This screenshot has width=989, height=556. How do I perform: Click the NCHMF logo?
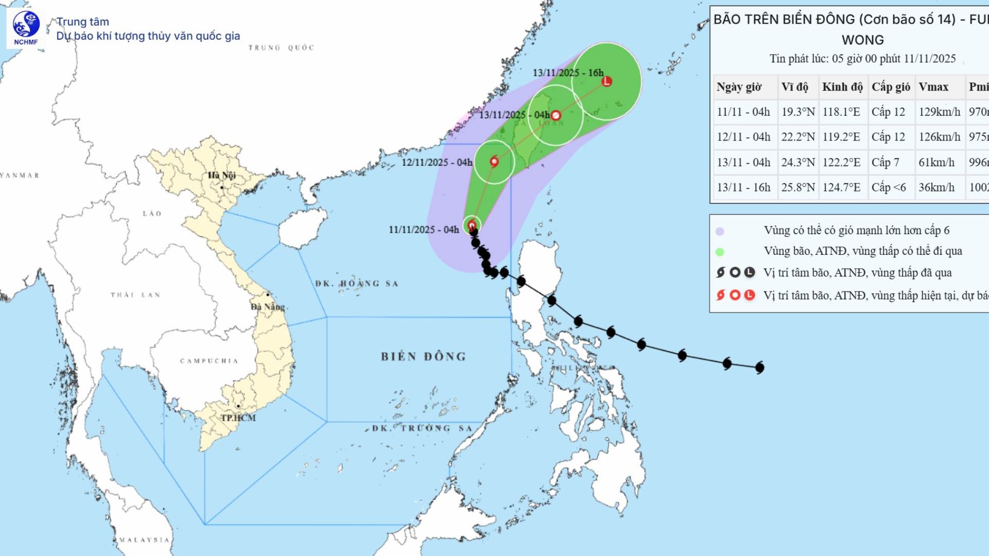pyautogui.click(x=26, y=28)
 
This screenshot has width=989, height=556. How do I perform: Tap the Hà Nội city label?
pyautogui.click(x=221, y=176)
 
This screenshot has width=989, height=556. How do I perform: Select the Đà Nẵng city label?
pyautogui.click(x=267, y=307)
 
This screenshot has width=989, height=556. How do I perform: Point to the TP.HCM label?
pyautogui.click(x=238, y=418)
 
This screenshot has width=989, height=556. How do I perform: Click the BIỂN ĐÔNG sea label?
pyautogui.click(x=423, y=357)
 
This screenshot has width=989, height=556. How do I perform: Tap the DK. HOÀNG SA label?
pyautogui.click(x=356, y=284)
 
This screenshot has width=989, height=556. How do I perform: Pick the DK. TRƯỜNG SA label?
pyautogui.click(x=422, y=428)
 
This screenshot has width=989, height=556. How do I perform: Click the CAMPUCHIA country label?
pyautogui.click(x=209, y=361)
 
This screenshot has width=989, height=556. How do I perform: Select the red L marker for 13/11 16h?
pyautogui.click(x=607, y=81)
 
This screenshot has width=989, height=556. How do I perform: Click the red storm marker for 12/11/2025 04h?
pyautogui.click(x=494, y=162)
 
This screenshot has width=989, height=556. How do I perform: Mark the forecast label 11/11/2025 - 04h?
pyautogui.click(x=423, y=230)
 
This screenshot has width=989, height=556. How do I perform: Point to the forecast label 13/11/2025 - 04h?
pyautogui.click(x=514, y=115)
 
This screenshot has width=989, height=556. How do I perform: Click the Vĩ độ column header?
pyautogui.click(x=795, y=87)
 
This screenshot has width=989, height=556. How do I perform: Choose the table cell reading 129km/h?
pyautogui.click(x=939, y=112)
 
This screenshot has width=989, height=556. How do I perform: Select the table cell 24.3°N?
pyautogui.click(x=798, y=162)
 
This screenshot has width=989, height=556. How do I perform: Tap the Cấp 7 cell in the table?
pyautogui.click(x=885, y=162)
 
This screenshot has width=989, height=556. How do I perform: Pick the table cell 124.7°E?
pyautogui.click(x=841, y=187)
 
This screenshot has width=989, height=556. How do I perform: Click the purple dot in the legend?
pyautogui.click(x=720, y=231)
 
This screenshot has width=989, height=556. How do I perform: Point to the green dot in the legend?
pyautogui.click(x=720, y=252)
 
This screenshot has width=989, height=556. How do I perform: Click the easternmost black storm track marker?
pyautogui.click(x=759, y=368)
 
